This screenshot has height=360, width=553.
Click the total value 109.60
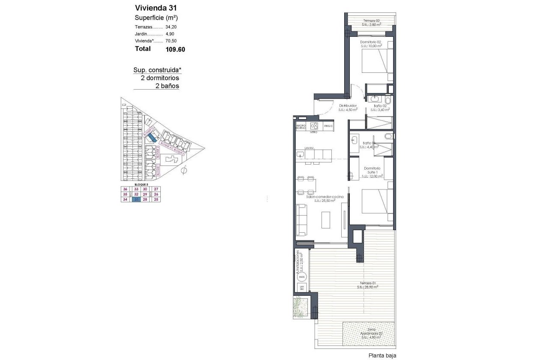click(175, 49)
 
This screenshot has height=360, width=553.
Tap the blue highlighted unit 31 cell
click(136, 199)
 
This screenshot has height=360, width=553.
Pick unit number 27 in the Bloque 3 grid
click(156, 189)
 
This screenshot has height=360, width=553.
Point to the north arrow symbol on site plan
click(184, 171)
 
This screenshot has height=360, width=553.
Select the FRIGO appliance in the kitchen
click(328, 126)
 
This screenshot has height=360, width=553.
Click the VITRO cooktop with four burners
click(314, 126)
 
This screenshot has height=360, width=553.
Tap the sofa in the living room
click(301, 220)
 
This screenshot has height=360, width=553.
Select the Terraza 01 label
click(367, 285)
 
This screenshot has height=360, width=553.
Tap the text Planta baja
click(382, 355)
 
